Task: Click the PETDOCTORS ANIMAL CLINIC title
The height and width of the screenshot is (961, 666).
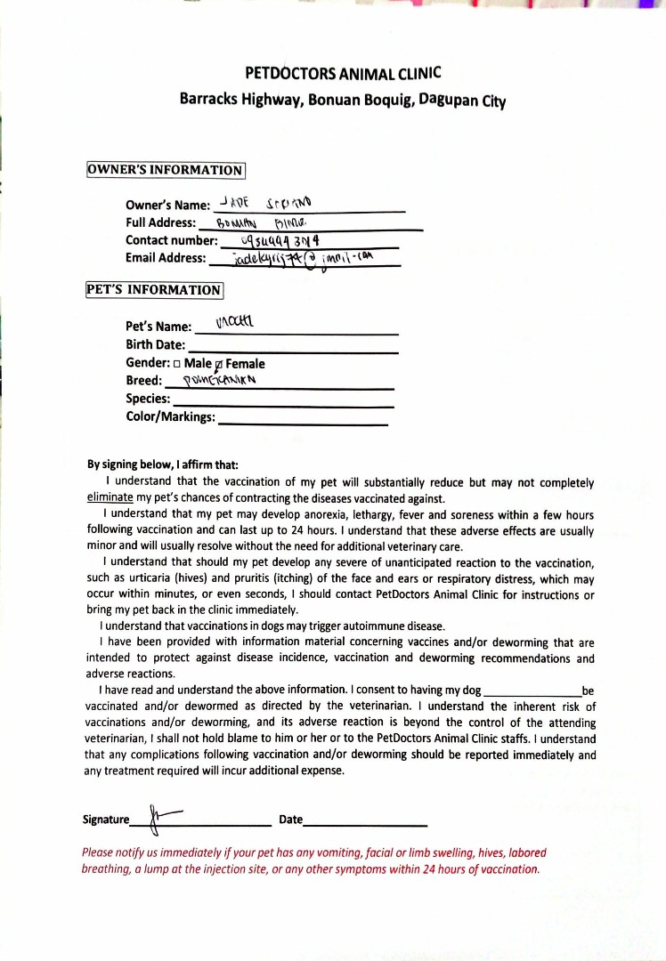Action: pyautogui.click(x=343, y=73)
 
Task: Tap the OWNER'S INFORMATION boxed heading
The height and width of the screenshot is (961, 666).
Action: pyautogui.click(x=166, y=170)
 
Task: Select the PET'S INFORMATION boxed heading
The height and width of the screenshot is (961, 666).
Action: pyautogui.click(x=154, y=290)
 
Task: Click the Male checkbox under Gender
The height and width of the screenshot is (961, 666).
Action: pyautogui.click(x=177, y=364)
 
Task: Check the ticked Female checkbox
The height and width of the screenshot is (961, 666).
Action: pyautogui.click(x=219, y=364)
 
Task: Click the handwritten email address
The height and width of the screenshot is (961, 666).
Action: pyautogui.click(x=303, y=258)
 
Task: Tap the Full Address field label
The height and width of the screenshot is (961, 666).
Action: pyautogui.click(x=160, y=222)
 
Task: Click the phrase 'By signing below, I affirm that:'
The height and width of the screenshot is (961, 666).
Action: pyautogui.click(x=163, y=464)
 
